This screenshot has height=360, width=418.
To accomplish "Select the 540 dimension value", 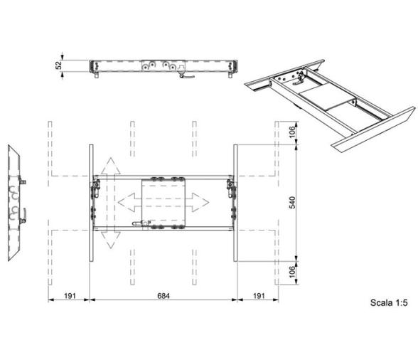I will [x=292, y=203].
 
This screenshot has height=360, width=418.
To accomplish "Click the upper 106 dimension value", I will [x=292, y=132].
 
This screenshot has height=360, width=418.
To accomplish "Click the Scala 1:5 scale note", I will [x=388, y=302].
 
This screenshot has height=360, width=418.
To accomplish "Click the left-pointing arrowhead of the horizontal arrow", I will [x=124, y=202].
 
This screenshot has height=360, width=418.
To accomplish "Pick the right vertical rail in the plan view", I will [x=235, y=203].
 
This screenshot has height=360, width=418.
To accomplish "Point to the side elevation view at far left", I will [x=16, y=203].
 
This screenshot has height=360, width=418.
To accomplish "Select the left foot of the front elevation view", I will [x=95, y=79].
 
